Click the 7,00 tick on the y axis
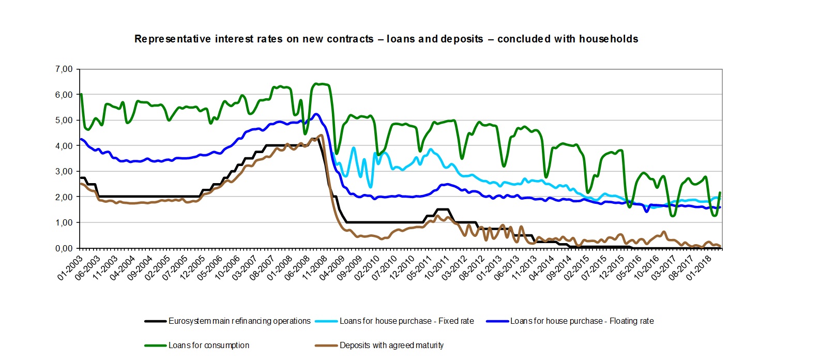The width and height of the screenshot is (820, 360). [64, 69]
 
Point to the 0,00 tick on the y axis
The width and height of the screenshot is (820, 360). [64, 248]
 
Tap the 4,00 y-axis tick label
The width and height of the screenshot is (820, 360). [64, 146]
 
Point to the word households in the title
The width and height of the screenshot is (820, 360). [609, 39]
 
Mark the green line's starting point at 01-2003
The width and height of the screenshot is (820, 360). [81, 94]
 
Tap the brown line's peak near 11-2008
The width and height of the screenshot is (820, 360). [321, 136]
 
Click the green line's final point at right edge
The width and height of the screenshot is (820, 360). [720, 193]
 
